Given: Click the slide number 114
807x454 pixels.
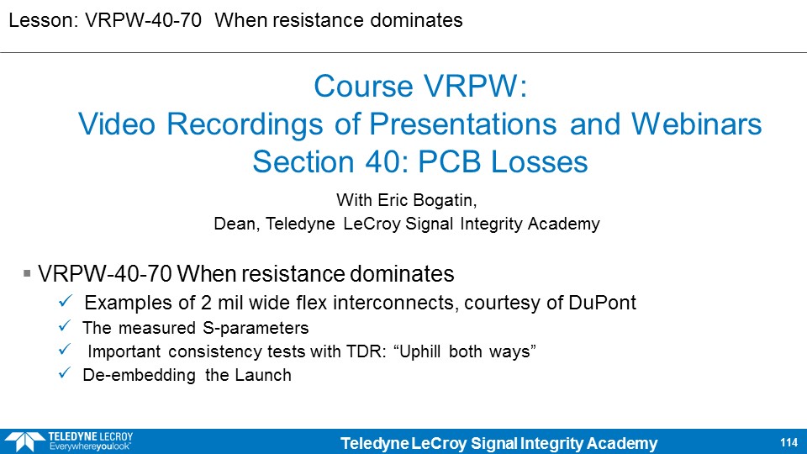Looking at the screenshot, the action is coord(789,443).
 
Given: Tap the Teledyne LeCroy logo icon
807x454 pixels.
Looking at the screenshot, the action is coord(24,442).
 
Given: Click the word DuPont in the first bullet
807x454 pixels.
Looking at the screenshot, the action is coord(602,302).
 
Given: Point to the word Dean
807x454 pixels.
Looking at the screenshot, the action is coord(236,224).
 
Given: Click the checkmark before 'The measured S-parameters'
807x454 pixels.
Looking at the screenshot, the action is coord(65,326).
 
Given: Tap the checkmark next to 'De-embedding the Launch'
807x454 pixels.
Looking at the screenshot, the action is coord(65,372).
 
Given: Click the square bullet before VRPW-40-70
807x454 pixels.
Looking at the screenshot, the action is coord(27,273).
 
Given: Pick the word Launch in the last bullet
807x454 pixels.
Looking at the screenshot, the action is coord(263,375).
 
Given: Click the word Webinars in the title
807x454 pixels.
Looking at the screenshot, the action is coord(696,124).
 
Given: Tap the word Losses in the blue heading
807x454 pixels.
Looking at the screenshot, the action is coord(540,161).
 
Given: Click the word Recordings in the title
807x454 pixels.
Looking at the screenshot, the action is coord(245,125).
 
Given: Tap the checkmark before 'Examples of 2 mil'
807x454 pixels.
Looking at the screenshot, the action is coord(66,300).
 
